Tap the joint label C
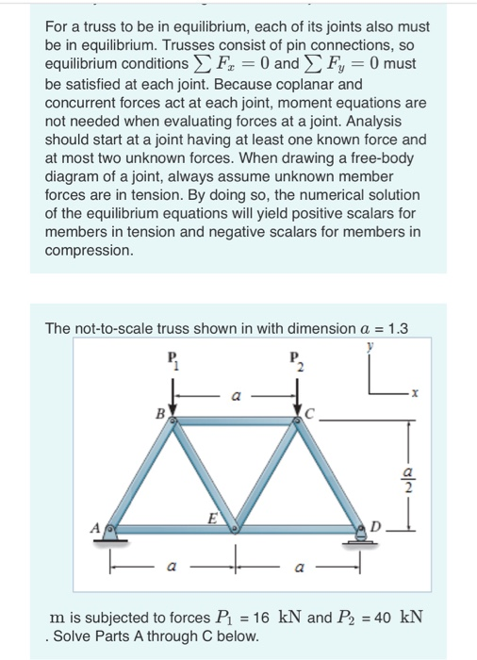point(311,413)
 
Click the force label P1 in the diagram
point(173,362)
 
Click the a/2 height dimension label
point(407,481)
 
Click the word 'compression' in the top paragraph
point(90,251)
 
